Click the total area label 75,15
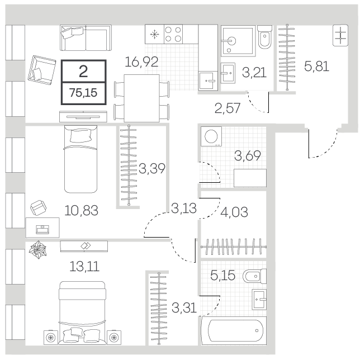pyautogui.click(x=83, y=93)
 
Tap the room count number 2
pyautogui.click(x=83, y=72)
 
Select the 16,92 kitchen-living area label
pyautogui.click(x=141, y=61)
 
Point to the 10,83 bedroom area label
pyautogui.click(x=81, y=210)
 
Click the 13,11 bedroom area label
pyautogui.click(x=84, y=267)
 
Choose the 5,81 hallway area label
pyautogui.click(x=316, y=66)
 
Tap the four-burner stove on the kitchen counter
pyautogui.click(x=173, y=34)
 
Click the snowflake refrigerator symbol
pyautogui.click(x=154, y=35)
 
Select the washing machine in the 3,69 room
pyautogui.click(x=211, y=136)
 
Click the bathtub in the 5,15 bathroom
pyautogui.click(x=234, y=330)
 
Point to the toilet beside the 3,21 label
pyautogui.click(x=265, y=37)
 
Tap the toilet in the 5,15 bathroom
pyautogui.click(x=254, y=276)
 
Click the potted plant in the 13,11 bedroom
pyautogui.click(x=38, y=250)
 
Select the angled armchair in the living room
pyautogui.click(x=42, y=70)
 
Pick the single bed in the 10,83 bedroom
pyautogui.click(x=80, y=159)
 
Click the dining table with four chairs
pyautogui.click(x=141, y=98)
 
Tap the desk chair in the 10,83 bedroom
pyautogui.click(x=39, y=208)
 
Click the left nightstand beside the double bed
pyautogui.click(x=51, y=338)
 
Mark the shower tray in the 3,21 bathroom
pyautogui.click(x=238, y=41)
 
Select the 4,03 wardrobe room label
pyautogui.click(x=234, y=212)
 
